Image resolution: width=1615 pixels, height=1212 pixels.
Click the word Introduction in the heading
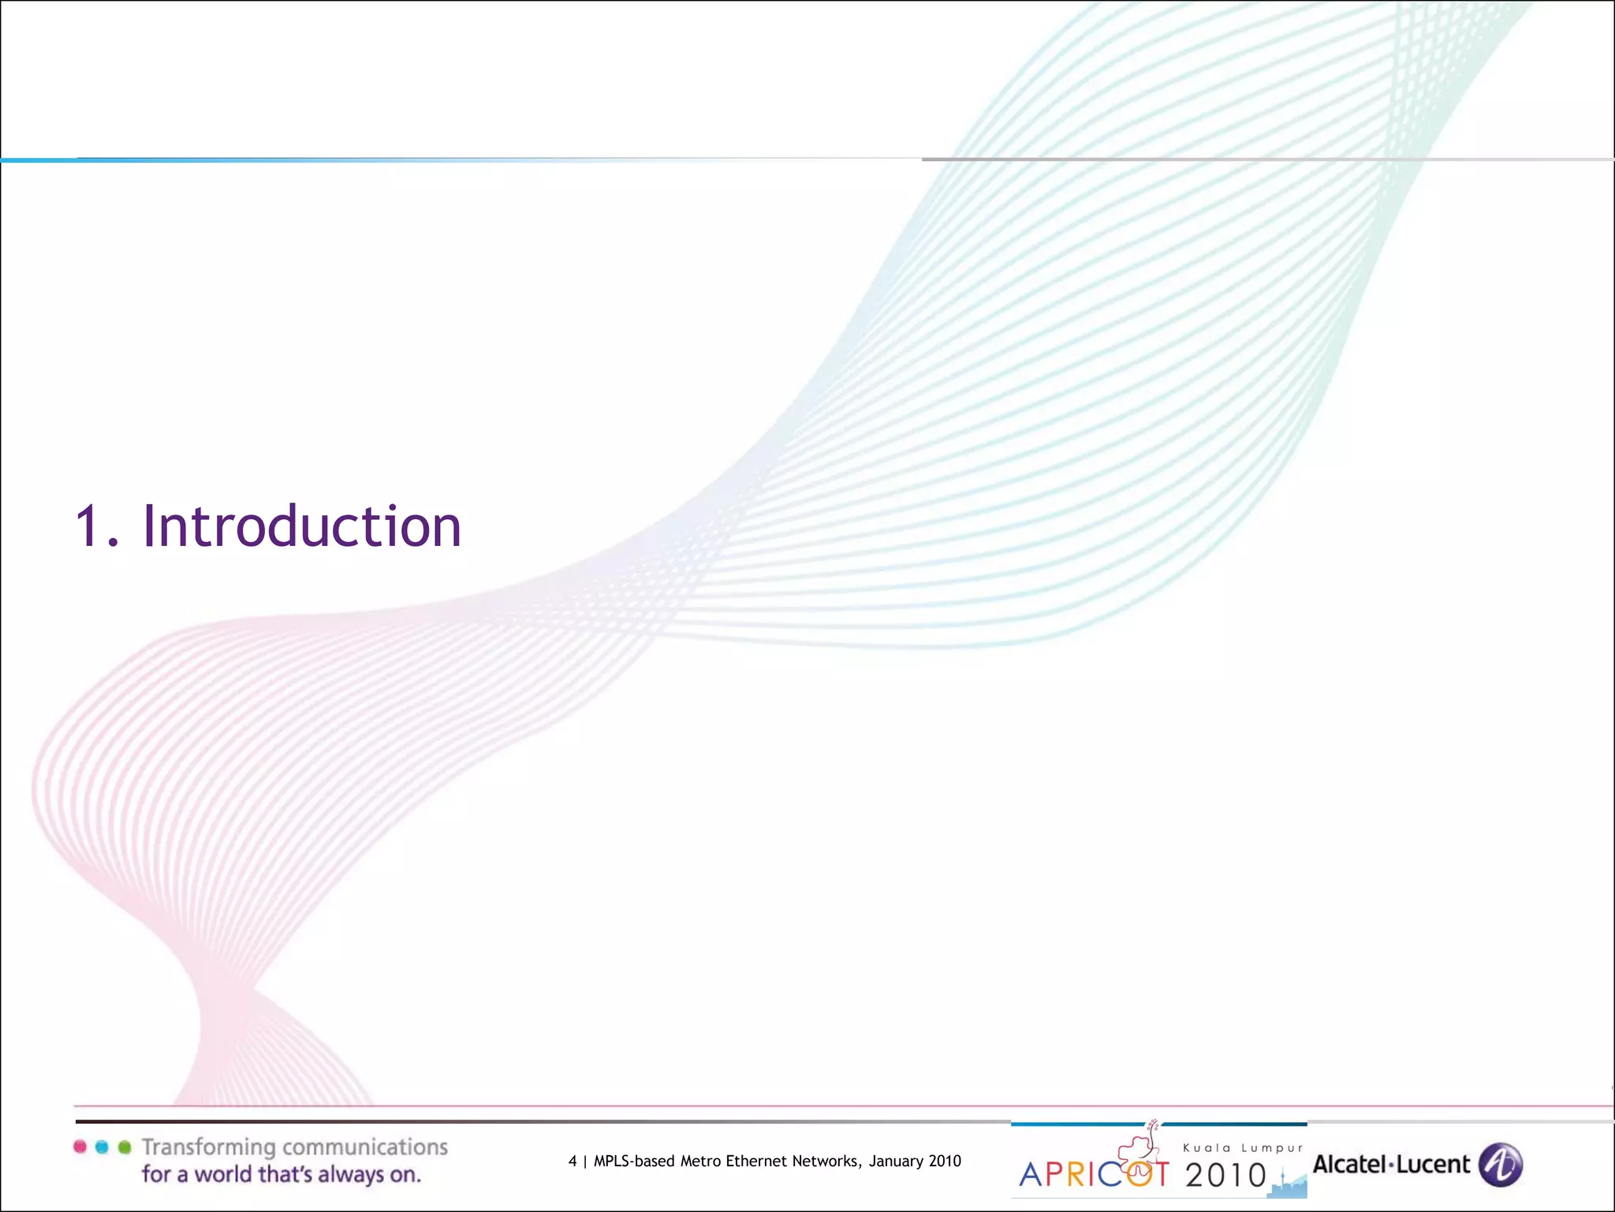pos(301,526)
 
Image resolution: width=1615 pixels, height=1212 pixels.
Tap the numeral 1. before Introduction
pos(96,526)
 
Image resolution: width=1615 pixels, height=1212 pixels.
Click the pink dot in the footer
pos(80,1147)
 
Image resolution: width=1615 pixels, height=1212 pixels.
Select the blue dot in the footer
pos(102,1147)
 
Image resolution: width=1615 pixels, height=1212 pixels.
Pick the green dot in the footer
pos(124,1147)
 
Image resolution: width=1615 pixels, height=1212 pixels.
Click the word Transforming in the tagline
pos(208,1147)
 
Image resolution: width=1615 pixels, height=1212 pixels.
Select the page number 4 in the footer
pos(573,1161)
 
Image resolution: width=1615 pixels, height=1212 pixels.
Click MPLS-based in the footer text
pos(634,1161)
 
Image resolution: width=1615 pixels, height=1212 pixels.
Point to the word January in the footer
pos(896,1161)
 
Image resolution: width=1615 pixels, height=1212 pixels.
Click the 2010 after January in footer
pos(945,1161)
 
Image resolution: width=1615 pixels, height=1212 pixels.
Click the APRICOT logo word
pos(1094,1174)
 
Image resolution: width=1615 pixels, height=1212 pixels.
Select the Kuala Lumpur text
pos(1243,1148)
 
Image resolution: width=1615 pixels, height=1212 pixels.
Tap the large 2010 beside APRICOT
pos(1225,1175)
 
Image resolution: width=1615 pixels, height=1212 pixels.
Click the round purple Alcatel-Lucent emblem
pos(1500,1165)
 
